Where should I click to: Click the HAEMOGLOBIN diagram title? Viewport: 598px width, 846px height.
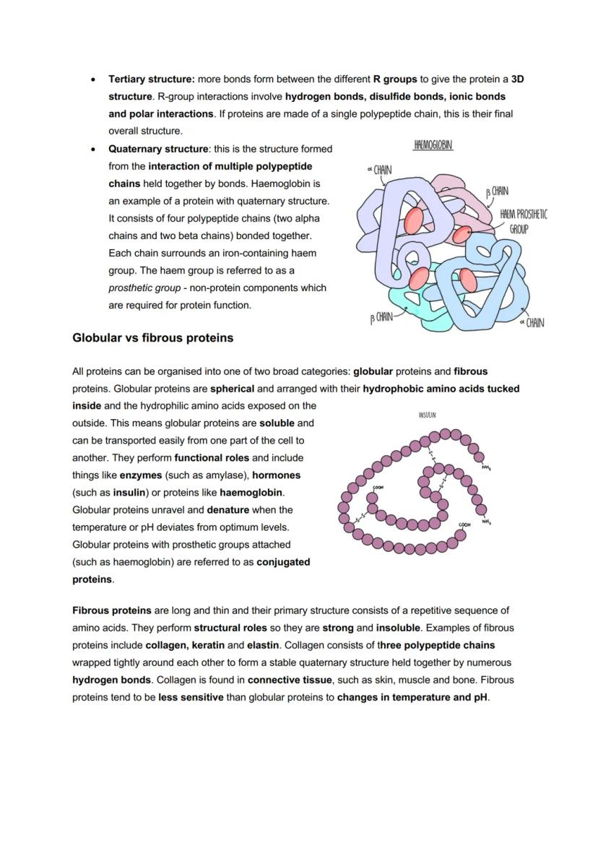click(x=433, y=146)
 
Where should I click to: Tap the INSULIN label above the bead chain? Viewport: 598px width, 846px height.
click(x=427, y=415)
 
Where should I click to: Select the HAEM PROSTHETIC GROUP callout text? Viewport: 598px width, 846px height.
click(x=523, y=221)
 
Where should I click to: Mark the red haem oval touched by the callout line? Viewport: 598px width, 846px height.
click(x=463, y=233)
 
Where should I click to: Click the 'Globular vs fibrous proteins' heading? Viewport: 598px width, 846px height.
click(x=152, y=337)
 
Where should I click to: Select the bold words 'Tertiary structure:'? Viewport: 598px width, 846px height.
click(x=152, y=79)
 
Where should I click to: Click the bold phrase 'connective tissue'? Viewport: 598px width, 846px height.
click(x=290, y=680)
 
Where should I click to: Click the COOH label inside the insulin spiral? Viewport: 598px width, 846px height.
click(x=377, y=488)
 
